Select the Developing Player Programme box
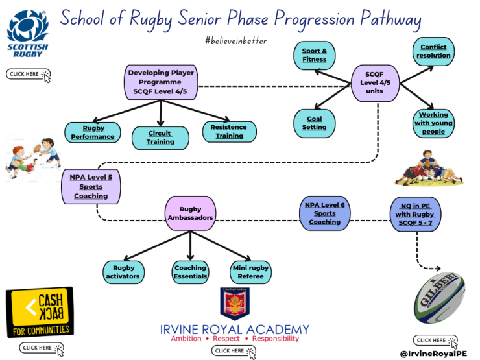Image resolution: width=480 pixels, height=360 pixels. (160, 82)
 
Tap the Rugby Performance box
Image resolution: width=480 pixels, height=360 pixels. (93, 132)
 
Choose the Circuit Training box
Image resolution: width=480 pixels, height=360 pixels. (160, 137)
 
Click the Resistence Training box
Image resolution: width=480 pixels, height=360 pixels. (230, 132)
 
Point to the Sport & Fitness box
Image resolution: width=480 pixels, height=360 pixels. (315, 55)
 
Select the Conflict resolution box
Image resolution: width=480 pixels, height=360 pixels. (434, 52)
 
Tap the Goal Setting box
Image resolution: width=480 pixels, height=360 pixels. (315, 123)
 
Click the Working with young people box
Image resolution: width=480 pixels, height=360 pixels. (433, 123)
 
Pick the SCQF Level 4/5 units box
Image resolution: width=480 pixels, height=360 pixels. (374, 83)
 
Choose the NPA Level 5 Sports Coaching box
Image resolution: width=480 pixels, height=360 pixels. (91, 186)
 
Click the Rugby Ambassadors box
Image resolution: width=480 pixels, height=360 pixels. (190, 213)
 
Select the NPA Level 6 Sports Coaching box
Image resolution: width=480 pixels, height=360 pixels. (324, 213)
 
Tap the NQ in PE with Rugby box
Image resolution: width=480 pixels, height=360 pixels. (415, 215)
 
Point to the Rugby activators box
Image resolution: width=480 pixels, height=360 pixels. (124, 272)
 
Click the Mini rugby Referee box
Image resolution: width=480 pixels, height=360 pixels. (250, 272)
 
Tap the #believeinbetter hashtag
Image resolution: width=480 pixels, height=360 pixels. (235, 41)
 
